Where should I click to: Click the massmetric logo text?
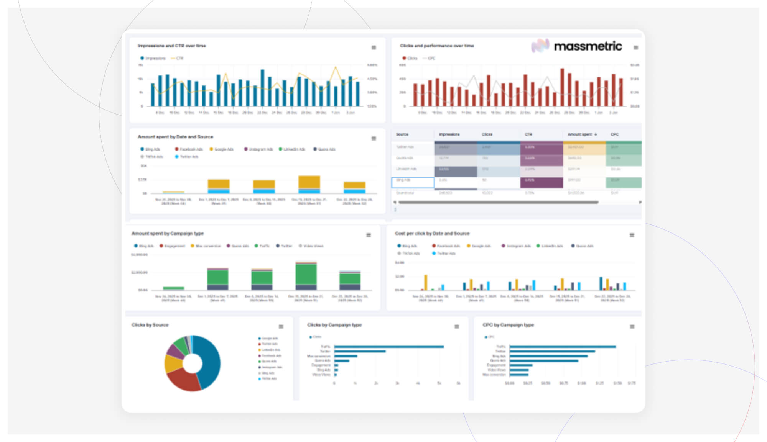coord(588,46)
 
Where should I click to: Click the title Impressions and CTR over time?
coord(172,46)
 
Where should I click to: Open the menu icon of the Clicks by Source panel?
coord(281,327)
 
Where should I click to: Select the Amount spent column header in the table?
coord(580,134)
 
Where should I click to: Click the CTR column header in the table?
coord(528,134)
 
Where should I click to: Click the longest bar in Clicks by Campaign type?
coord(389,347)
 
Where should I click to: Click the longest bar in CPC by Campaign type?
coord(562,347)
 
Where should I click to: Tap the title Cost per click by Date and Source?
coord(432,233)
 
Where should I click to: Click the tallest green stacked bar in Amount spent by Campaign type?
coord(306,274)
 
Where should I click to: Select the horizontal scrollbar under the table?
coord(499,202)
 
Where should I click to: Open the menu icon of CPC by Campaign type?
coord(632,327)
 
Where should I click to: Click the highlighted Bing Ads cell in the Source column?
coord(412,182)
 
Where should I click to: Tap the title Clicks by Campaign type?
coord(334,325)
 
